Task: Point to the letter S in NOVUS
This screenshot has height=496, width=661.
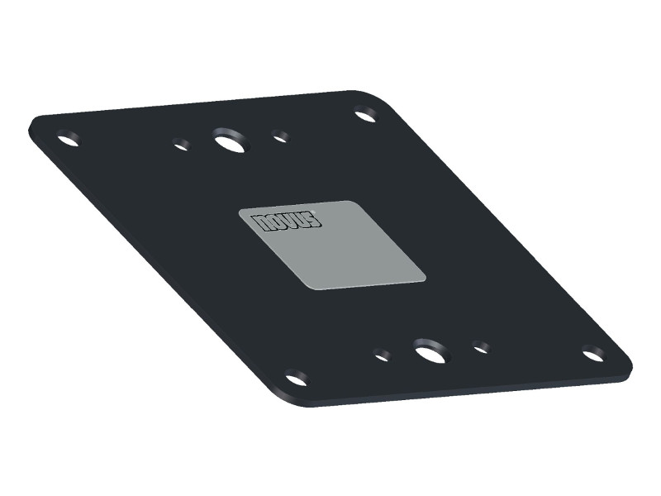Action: [x=313, y=217]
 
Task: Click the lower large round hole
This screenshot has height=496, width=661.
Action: [x=428, y=353]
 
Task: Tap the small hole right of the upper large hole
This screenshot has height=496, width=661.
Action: [x=281, y=136]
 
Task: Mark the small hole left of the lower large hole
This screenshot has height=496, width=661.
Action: [x=382, y=356]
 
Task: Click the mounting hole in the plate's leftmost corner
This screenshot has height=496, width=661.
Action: [x=68, y=138]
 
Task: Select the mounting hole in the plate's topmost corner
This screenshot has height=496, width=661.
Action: [x=365, y=115]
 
